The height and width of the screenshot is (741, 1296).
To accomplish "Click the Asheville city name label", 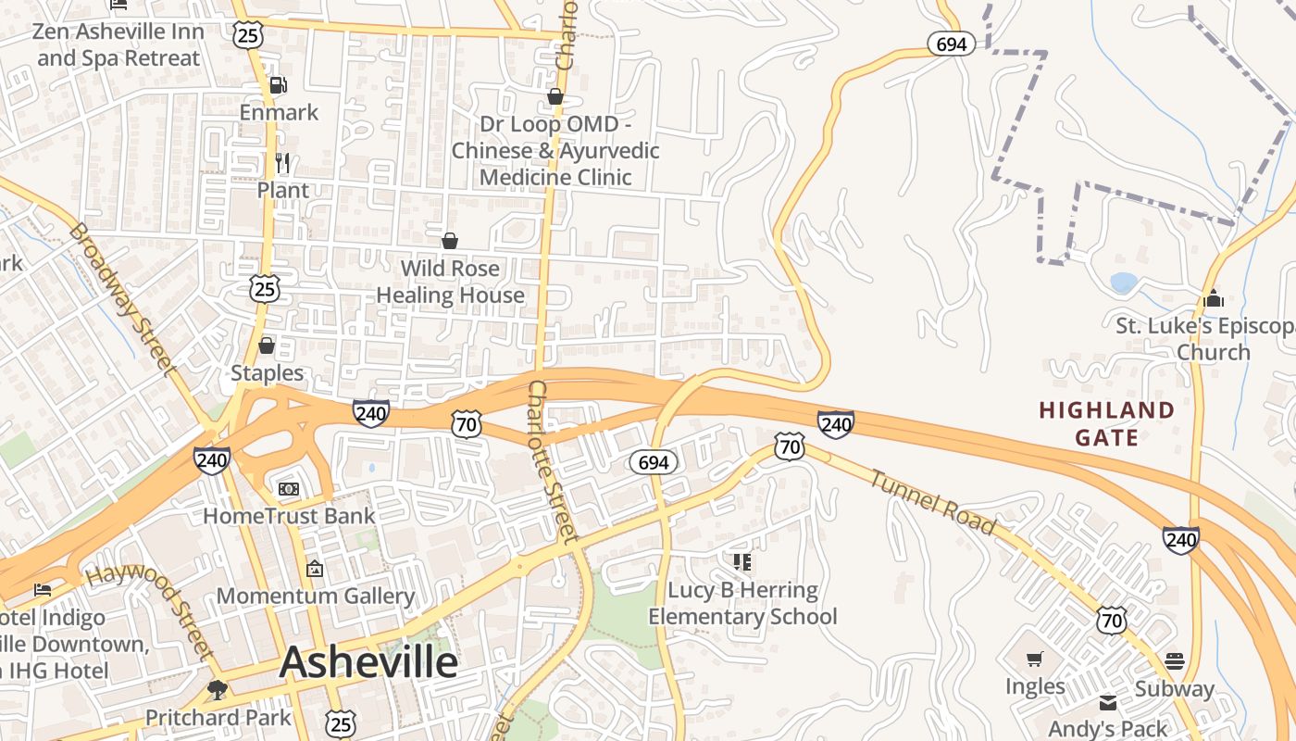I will coord(368,662).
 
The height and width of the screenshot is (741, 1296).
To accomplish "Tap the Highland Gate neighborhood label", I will coord(1106,423).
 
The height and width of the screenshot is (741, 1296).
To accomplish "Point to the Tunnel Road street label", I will coord(933,502).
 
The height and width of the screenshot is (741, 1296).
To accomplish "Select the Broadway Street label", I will coord(123,298).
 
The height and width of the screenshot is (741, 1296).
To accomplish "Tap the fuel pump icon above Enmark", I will coord(278,85).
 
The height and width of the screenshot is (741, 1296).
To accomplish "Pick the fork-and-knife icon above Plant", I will coord(283,163).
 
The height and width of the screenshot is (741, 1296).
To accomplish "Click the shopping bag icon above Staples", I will coord(267,345).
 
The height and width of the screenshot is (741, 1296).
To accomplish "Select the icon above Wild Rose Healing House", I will coord(450,241).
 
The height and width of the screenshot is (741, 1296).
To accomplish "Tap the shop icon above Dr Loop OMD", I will coord(555,96).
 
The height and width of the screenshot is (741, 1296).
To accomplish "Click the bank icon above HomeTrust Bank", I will coord(289,488).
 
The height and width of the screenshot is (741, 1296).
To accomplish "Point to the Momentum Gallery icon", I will coord(315,568).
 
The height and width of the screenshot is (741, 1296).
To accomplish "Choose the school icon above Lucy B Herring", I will coord(741,561).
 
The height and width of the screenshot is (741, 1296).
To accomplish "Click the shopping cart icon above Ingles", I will coord(1035,659).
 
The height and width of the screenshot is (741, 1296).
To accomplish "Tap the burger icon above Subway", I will coord(1175,660).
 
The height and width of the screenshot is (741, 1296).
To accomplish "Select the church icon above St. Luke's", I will coord(1213,298).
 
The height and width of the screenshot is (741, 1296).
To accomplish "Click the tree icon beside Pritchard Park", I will coord(218,690).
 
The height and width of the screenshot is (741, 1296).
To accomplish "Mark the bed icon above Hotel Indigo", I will coord(43,589).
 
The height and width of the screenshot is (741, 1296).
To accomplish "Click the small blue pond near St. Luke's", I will coord(1123,283).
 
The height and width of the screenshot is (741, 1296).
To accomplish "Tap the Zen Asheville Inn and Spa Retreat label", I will coord(117,44).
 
